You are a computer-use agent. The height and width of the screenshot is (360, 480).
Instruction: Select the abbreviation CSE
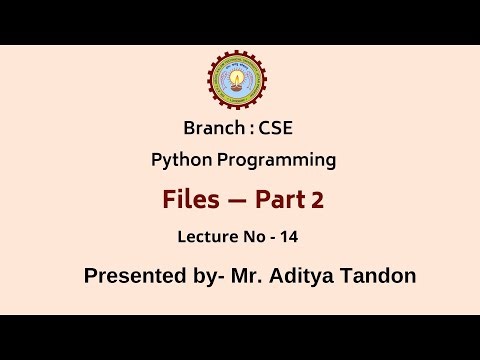pos(273,128)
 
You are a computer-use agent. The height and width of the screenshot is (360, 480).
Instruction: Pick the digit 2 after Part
pos(317,201)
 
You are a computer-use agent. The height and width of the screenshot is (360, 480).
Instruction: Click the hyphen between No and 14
pos(272,238)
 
